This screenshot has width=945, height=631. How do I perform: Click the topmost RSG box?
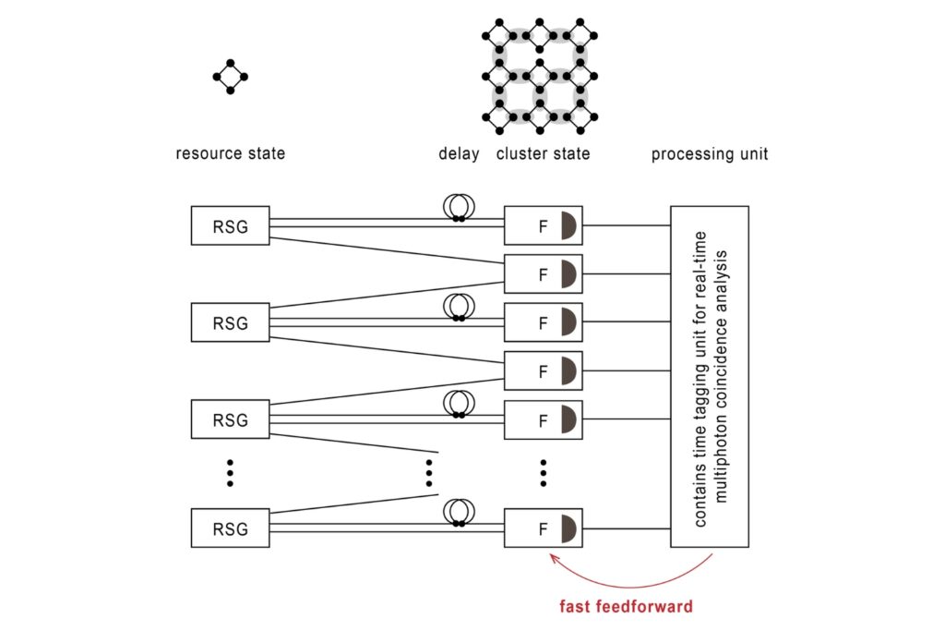(230, 225)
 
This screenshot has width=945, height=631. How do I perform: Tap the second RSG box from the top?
(230, 322)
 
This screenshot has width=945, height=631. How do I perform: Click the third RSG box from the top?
(230, 419)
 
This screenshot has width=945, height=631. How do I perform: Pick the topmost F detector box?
(544, 225)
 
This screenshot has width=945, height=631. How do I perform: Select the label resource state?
(230, 153)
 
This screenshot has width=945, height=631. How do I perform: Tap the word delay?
(459, 153)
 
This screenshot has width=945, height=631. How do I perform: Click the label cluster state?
(544, 153)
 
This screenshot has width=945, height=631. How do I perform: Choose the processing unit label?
(709, 153)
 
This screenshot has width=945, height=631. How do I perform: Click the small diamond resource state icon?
(231, 78)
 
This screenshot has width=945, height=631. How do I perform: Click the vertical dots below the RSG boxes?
(230, 473)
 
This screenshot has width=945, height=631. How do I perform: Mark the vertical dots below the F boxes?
(544, 473)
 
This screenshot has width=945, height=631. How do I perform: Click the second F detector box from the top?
(544, 273)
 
